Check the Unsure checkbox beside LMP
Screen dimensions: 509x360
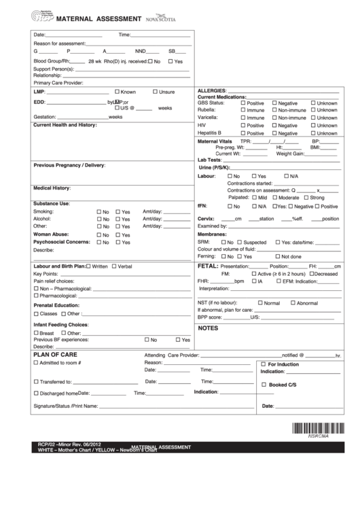pos(155,91)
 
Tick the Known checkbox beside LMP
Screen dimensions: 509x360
pos(118,91)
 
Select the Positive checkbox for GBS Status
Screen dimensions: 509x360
pos(242,103)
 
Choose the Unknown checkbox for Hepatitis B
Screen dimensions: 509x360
pos(312,133)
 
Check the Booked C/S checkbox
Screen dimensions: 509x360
pos(264,385)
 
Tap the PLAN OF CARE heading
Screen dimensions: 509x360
pos(55,355)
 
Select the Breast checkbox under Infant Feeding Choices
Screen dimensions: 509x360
pos(36,333)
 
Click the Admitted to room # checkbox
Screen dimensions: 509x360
pos(36,363)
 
